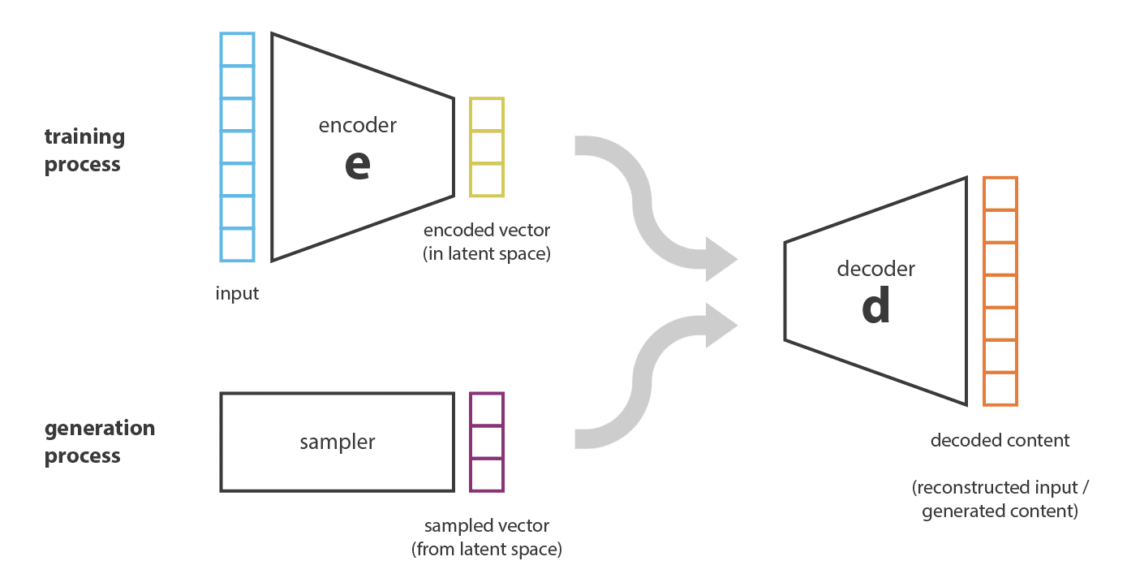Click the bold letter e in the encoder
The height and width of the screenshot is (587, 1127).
(x=358, y=165)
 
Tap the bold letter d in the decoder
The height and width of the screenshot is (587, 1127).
(x=876, y=305)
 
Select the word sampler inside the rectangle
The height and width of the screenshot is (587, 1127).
(x=337, y=442)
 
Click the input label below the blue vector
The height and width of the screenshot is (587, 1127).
(x=237, y=293)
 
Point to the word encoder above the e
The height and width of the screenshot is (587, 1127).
(x=358, y=125)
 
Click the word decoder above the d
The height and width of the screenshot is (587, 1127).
(x=876, y=268)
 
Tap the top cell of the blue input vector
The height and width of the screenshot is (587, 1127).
(x=238, y=50)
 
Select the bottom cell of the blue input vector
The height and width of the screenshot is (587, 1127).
(x=238, y=244)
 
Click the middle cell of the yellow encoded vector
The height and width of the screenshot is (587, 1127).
(x=487, y=147)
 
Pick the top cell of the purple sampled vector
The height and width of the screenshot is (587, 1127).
(x=487, y=409)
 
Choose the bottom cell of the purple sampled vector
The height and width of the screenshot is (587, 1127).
(x=487, y=475)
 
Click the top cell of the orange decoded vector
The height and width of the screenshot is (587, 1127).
(x=1000, y=193)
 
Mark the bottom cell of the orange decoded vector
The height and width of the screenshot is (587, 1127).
(x=1000, y=389)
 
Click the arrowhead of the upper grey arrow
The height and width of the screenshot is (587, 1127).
(x=721, y=259)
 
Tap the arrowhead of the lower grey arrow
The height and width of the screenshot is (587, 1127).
(x=721, y=326)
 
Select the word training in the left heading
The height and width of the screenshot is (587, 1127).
(x=84, y=137)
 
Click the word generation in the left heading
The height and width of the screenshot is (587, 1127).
(x=100, y=429)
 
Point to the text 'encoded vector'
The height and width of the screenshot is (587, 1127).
(x=487, y=230)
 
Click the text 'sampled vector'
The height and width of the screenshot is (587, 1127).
(x=487, y=525)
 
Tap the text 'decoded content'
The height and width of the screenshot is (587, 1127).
(x=1000, y=441)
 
